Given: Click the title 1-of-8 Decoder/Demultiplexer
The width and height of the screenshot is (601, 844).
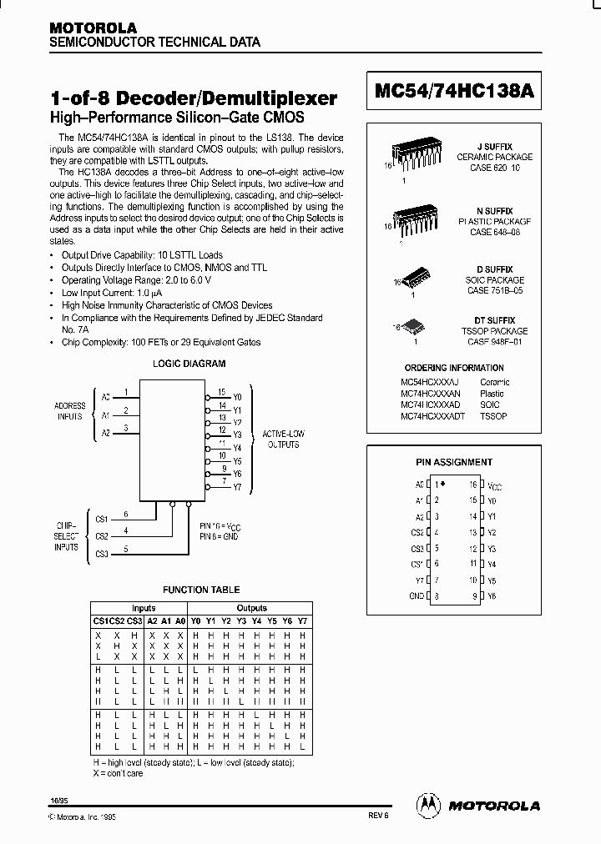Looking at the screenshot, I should click(x=194, y=98).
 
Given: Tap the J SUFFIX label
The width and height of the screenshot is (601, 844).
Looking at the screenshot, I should click(x=494, y=146).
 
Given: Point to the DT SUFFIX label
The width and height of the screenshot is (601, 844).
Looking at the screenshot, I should click(x=494, y=320).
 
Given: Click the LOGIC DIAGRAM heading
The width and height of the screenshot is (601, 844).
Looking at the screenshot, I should click(x=189, y=364).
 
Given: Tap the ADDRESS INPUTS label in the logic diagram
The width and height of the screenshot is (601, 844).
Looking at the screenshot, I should click(x=69, y=411).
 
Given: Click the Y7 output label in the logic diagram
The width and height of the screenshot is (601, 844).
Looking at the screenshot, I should click(x=237, y=487).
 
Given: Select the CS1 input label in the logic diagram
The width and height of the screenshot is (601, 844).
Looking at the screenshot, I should click(x=100, y=520).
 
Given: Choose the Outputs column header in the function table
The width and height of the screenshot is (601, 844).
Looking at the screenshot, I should click(x=251, y=608).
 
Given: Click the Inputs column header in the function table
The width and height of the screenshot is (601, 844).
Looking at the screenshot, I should click(x=144, y=608).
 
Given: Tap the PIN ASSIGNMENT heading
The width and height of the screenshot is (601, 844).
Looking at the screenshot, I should click(x=454, y=462).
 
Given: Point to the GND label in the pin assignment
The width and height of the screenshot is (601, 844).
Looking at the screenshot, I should click(x=417, y=596).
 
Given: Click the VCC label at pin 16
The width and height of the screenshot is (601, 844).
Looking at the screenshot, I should click(x=494, y=485).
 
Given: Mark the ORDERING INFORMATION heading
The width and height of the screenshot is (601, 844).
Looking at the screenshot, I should click(x=453, y=368).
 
